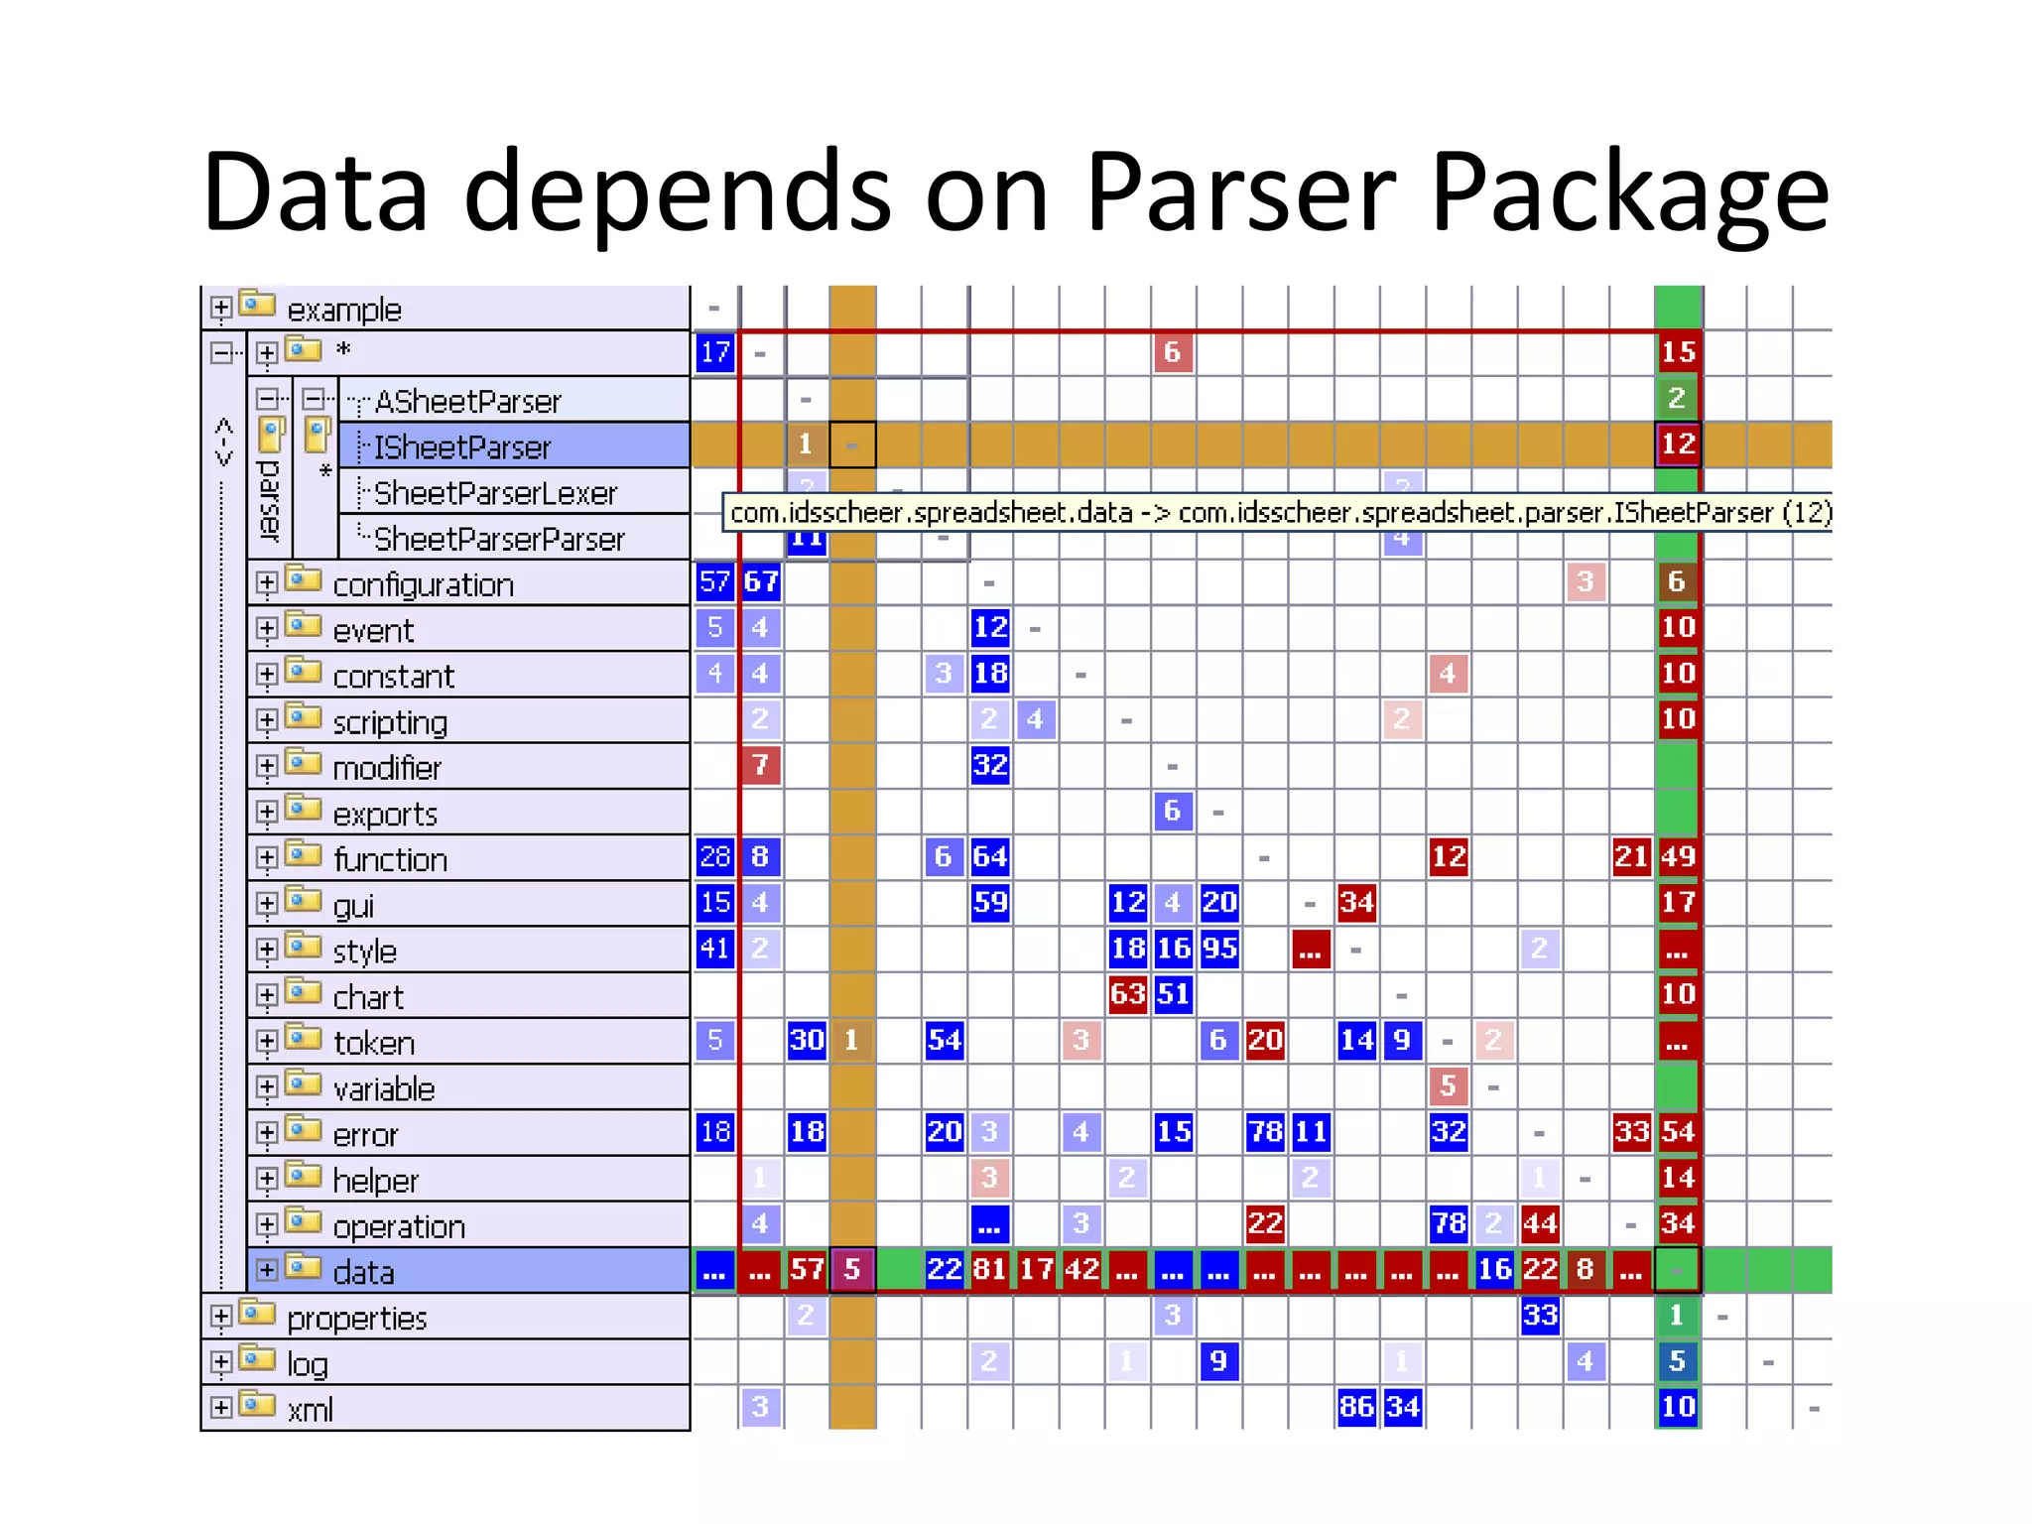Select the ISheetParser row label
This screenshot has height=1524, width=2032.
coord(461,447)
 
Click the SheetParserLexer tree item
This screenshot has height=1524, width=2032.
coord(495,493)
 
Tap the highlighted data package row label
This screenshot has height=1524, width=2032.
coord(363,1272)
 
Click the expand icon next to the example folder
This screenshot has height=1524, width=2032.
coord(221,309)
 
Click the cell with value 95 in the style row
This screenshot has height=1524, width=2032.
coord(1219,949)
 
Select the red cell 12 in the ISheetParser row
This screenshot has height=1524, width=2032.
coord(1678,444)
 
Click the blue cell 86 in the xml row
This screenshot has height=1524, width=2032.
coord(1356,1407)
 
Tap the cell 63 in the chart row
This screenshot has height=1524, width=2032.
coord(1128,994)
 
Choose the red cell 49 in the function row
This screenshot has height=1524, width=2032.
coord(1678,856)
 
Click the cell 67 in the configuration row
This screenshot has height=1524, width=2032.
coord(761,581)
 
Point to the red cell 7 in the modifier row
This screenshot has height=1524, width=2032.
coord(761,765)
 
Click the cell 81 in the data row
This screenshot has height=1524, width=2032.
coord(990,1269)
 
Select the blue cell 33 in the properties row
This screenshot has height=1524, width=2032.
coord(1540,1316)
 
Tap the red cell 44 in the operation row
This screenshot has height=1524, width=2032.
coord(1540,1223)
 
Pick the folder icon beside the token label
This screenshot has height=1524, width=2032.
coord(304,1039)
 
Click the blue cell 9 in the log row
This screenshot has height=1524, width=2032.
coord(1219,1361)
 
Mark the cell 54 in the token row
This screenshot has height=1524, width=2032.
coord(945,1040)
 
